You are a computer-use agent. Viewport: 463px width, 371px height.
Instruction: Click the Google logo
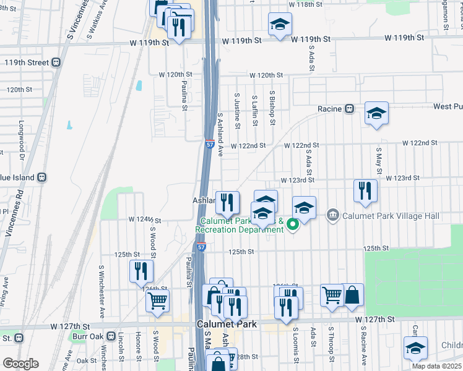tap(20, 364)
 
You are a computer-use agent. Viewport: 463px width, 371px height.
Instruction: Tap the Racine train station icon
tap(349, 109)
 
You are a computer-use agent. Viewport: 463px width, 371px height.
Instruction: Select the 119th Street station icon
tap(56, 62)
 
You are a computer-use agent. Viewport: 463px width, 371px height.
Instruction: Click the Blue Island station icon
tap(42, 177)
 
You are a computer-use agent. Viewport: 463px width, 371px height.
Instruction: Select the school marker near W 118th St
tap(280, 25)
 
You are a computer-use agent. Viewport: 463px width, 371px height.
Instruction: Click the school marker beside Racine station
tap(376, 114)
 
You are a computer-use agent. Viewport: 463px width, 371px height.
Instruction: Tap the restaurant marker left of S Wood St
tap(141, 270)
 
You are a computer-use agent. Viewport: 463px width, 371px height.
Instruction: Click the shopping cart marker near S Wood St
tap(157, 301)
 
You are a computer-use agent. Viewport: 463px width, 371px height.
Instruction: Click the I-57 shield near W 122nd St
tap(210, 145)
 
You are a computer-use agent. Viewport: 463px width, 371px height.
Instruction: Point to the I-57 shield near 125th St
tap(202, 247)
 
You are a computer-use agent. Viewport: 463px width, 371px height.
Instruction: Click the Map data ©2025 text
tap(436, 366)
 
